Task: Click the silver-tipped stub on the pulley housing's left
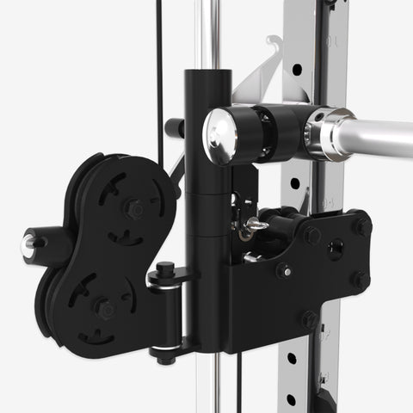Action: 31,246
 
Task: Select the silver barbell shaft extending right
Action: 379,136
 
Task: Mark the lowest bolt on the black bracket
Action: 310,319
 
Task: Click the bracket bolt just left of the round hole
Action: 311,235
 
